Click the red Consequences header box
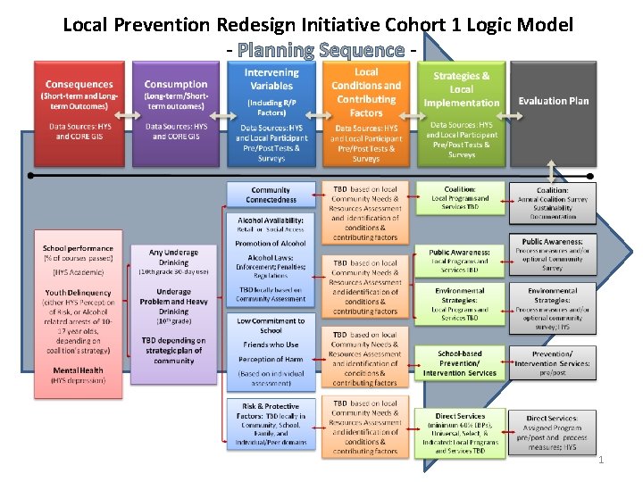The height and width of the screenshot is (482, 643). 79,112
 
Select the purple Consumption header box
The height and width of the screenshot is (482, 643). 175,112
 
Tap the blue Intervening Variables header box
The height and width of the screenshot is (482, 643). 271,112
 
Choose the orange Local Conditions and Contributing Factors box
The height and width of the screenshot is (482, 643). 366,112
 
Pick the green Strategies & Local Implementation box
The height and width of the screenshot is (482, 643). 462,112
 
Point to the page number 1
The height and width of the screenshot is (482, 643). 601,461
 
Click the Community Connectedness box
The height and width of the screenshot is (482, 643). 271,195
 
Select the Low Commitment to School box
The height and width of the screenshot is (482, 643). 271,326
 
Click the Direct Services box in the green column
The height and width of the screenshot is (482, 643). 461,433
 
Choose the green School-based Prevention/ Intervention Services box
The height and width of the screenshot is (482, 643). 461,363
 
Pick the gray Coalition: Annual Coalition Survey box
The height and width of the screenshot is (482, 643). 553,203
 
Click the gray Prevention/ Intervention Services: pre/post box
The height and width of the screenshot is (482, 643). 553,363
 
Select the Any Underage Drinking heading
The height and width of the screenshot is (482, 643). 174,258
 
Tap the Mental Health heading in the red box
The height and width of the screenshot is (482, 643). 79,370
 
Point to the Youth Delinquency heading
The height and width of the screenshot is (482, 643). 79,293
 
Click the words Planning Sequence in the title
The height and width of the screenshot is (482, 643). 321,50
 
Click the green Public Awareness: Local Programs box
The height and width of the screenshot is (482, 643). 461,261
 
